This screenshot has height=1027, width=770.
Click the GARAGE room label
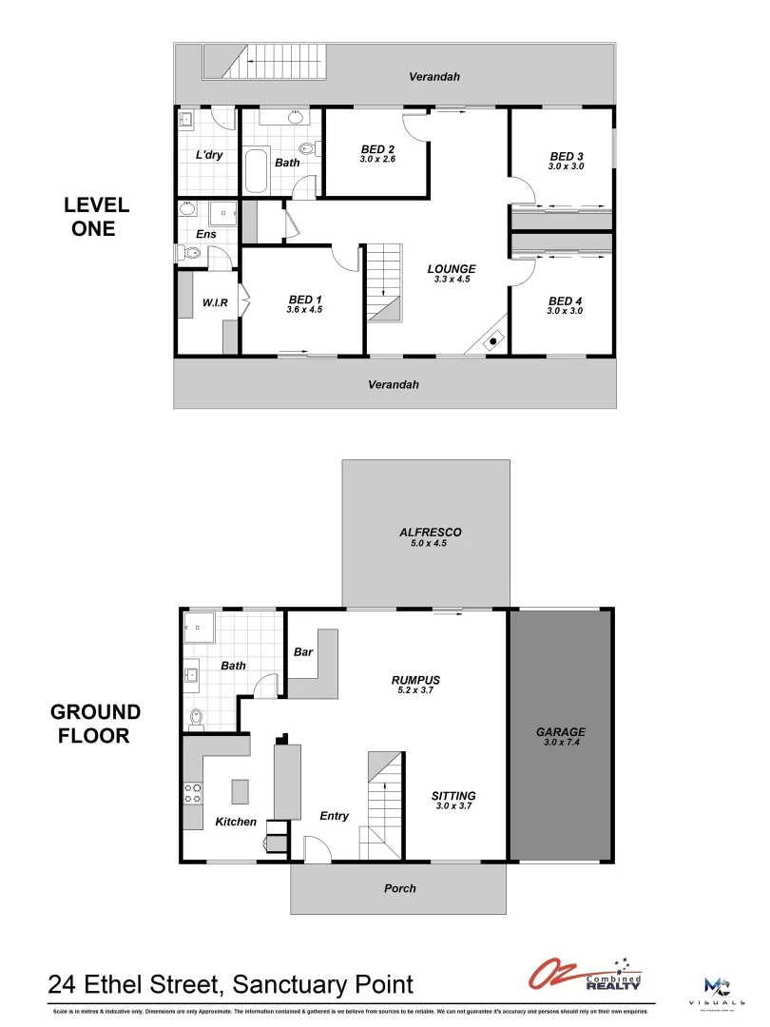pos(560,732)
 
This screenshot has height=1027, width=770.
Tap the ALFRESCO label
pos(430,533)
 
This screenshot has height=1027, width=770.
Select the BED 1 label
pos(305,300)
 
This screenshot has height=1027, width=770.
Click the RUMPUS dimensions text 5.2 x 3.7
pos(415,691)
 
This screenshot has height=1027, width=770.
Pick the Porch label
pos(399,888)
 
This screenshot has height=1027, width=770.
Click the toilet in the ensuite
pos(186,253)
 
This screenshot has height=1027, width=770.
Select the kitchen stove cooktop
pos(192,793)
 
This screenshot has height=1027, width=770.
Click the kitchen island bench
pos(241,791)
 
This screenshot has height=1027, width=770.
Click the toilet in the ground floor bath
pos(197,718)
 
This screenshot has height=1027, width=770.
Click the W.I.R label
pos(215,303)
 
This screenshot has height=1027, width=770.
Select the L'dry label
pos(209,155)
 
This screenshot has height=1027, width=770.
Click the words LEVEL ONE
pos(96,217)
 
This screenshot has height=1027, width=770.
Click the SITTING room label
pos(453,796)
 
